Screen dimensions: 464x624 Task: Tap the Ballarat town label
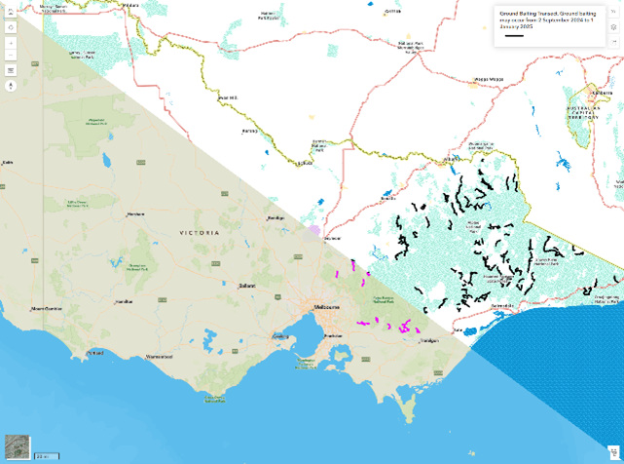tap(247, 286)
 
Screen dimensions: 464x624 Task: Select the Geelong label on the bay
tap(280, 337)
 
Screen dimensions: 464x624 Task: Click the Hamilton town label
tap(124, 301)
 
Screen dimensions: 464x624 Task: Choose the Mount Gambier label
tap(46, 309)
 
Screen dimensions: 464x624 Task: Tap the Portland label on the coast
tap(95, 352)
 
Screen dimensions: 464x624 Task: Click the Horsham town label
tap(135, 214)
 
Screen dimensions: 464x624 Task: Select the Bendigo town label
tap(275, 218)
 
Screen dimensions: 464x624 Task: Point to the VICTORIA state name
tap(200, 233)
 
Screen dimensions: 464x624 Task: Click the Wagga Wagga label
tap(488, 79)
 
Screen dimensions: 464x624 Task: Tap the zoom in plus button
tap(12, 44)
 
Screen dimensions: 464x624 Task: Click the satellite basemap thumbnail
tap(17, 446)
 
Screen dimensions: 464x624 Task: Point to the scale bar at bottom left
tap(46, 456)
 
